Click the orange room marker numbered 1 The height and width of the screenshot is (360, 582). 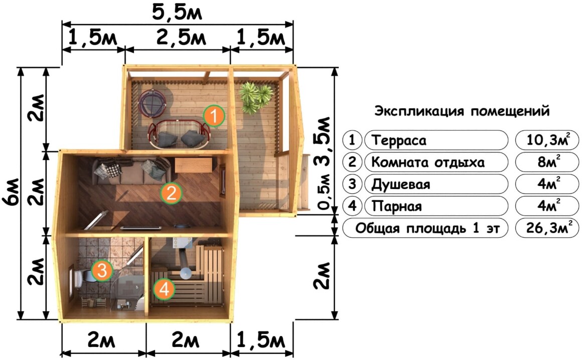[x=214, y=116]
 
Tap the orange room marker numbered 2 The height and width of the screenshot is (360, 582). [x=171, y=193]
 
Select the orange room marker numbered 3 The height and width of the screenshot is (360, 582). [x=102, y=270]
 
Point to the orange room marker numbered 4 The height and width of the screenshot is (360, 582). [x=164, y=289]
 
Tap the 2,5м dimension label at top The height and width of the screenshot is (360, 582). [x=181, y=37]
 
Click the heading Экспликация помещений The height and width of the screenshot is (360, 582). [x=462, y=111]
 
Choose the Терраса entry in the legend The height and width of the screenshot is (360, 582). [x=399, y=140]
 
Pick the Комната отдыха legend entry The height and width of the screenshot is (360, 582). [x=427, y=162]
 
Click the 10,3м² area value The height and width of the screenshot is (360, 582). [x=547, y=140]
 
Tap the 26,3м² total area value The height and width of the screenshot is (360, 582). [x=547, y=228]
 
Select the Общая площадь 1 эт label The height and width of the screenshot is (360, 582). [x=427, y=228]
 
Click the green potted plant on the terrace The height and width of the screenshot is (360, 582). [x=255, y=97]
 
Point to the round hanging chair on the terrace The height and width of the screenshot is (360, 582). [x=152, y=104]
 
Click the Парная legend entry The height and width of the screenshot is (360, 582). [x=396, y=206]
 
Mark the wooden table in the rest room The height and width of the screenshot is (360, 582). [x=193, y=165]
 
